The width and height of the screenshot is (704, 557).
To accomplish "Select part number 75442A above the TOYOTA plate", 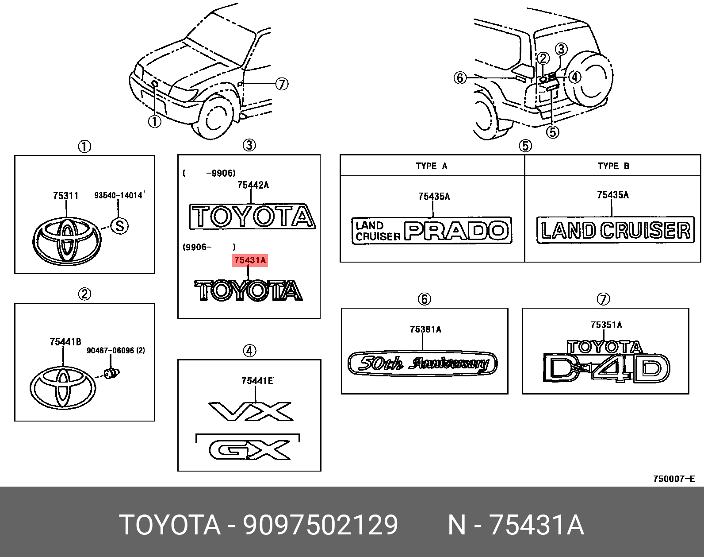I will click(253, 186).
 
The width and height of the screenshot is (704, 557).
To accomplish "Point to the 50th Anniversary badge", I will click(422, 364).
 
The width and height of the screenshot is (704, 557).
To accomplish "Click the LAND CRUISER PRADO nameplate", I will click(432, 230).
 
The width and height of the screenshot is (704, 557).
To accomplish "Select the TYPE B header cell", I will click(613, 166).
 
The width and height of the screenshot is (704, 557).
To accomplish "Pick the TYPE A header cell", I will click(432, 166).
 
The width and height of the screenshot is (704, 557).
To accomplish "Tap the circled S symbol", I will click(119, 226).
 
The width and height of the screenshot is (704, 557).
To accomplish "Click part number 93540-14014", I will click(119, 195).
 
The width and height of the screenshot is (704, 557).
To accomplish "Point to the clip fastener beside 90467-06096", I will click(112, 373).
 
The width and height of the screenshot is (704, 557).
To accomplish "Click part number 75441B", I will click(65, 341).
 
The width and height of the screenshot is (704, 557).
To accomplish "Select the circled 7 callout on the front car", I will click(282, 84).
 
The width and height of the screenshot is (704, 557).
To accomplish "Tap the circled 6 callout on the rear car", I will click(460, 78).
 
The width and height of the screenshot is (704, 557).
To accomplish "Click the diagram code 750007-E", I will click(674, 479).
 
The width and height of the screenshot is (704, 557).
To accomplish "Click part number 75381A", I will click(425, 329).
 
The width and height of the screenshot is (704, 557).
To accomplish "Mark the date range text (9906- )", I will click(209, 247).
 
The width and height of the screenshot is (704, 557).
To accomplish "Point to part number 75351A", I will click(606, 325).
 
